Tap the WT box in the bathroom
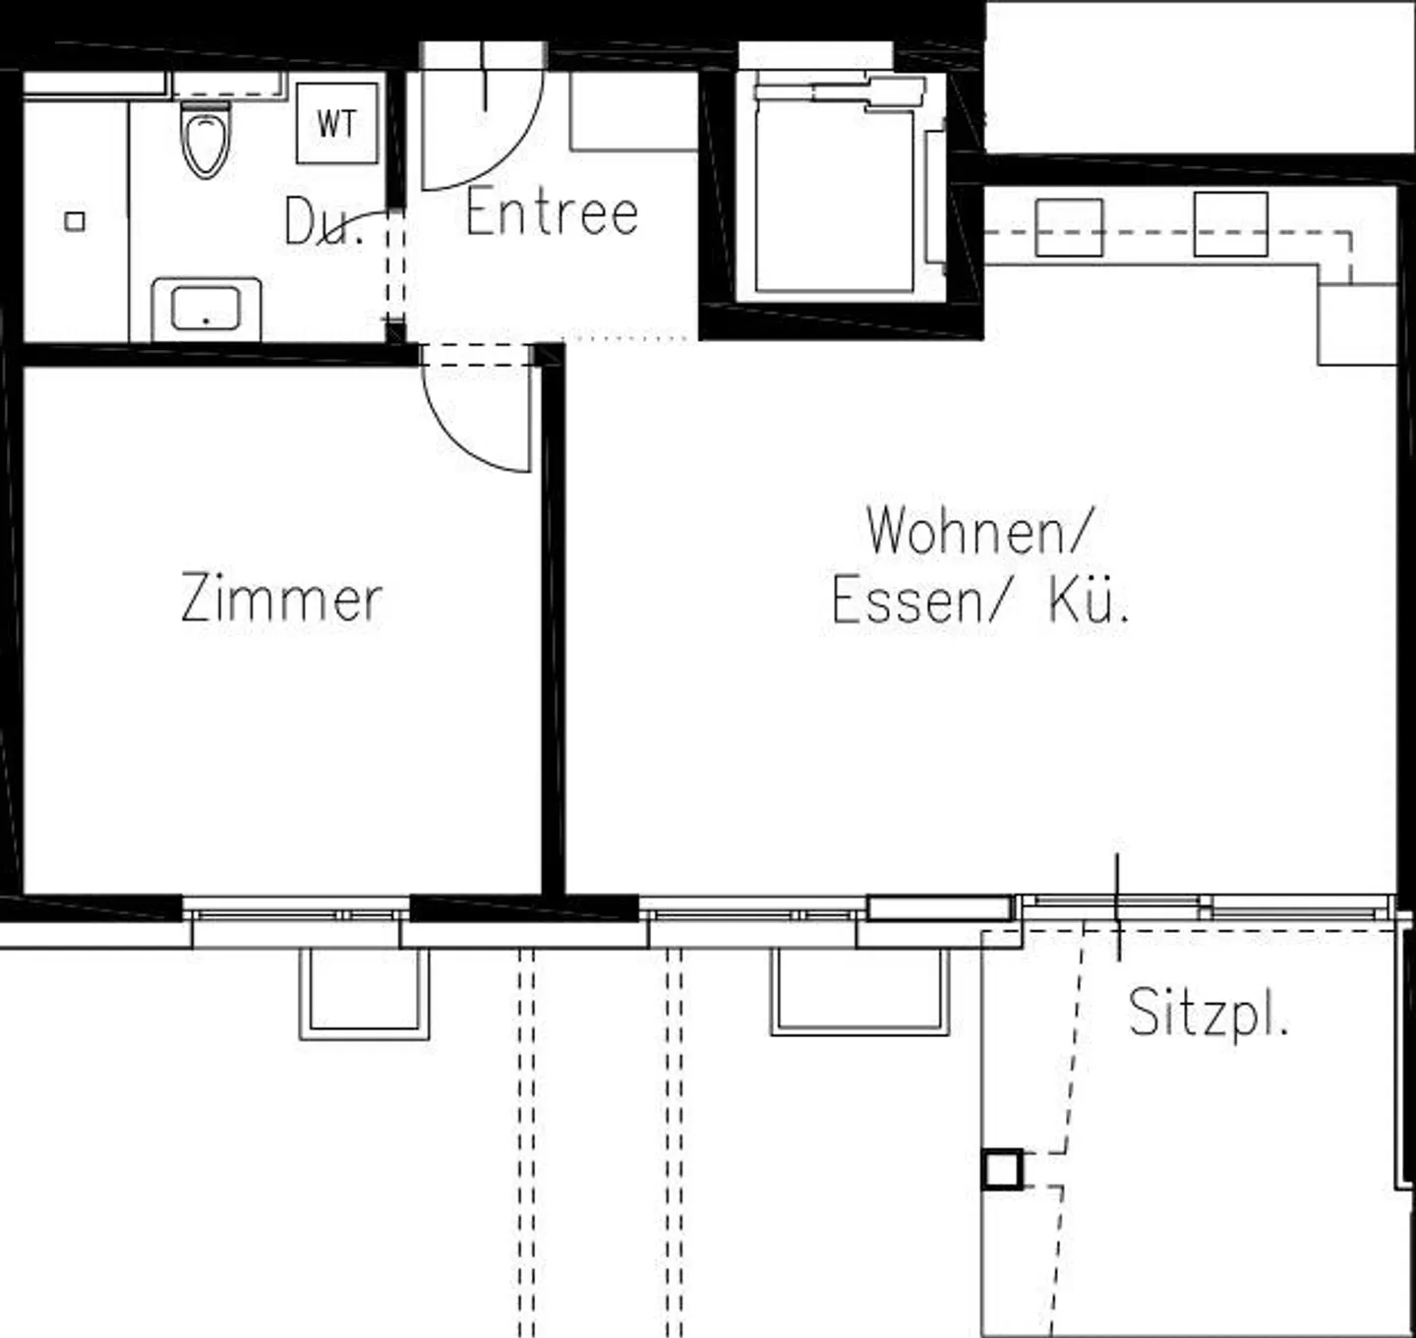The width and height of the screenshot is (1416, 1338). tap(336, 124)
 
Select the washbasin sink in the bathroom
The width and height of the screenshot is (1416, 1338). tap(206, 309)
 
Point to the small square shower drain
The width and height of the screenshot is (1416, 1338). tap(75, 221)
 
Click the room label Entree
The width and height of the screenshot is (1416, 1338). tap(552, 212)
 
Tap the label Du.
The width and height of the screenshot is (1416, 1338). tap(323, 222)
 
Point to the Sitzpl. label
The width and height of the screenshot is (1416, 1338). tap(1208, 1012)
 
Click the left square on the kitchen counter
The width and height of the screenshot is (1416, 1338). tap(1069, 227)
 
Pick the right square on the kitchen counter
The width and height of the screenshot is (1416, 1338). tap(1230, 224)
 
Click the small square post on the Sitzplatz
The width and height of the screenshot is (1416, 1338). tap(1002, 1170)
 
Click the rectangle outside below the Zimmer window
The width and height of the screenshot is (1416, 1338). tap(365, 993)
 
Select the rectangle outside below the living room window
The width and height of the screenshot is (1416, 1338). tap(860, 991)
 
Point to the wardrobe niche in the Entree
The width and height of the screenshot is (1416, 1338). tap(633, 110)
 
